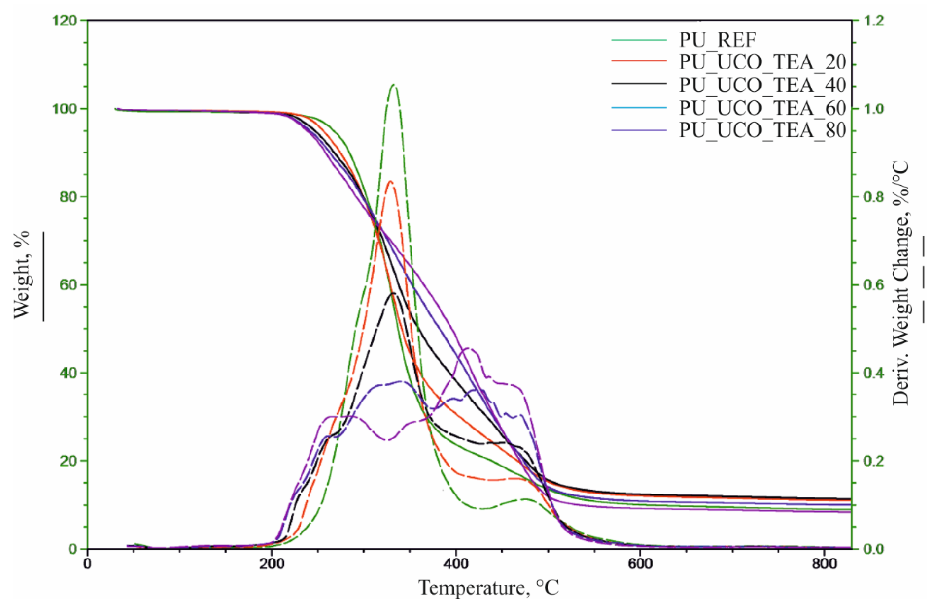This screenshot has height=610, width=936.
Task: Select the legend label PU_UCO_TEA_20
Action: pos(763,62)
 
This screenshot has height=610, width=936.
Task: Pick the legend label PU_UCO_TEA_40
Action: pos(763,85)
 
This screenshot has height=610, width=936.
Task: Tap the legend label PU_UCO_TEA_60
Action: pos(763,107)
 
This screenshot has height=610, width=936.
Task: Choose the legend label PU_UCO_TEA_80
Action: pos(763,130)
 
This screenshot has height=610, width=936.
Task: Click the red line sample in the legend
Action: pos(639,62)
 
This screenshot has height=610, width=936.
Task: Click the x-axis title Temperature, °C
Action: pos(488,588)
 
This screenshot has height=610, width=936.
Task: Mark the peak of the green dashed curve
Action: pos(393,85)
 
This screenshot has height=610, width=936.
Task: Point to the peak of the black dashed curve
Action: pos(393,293)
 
